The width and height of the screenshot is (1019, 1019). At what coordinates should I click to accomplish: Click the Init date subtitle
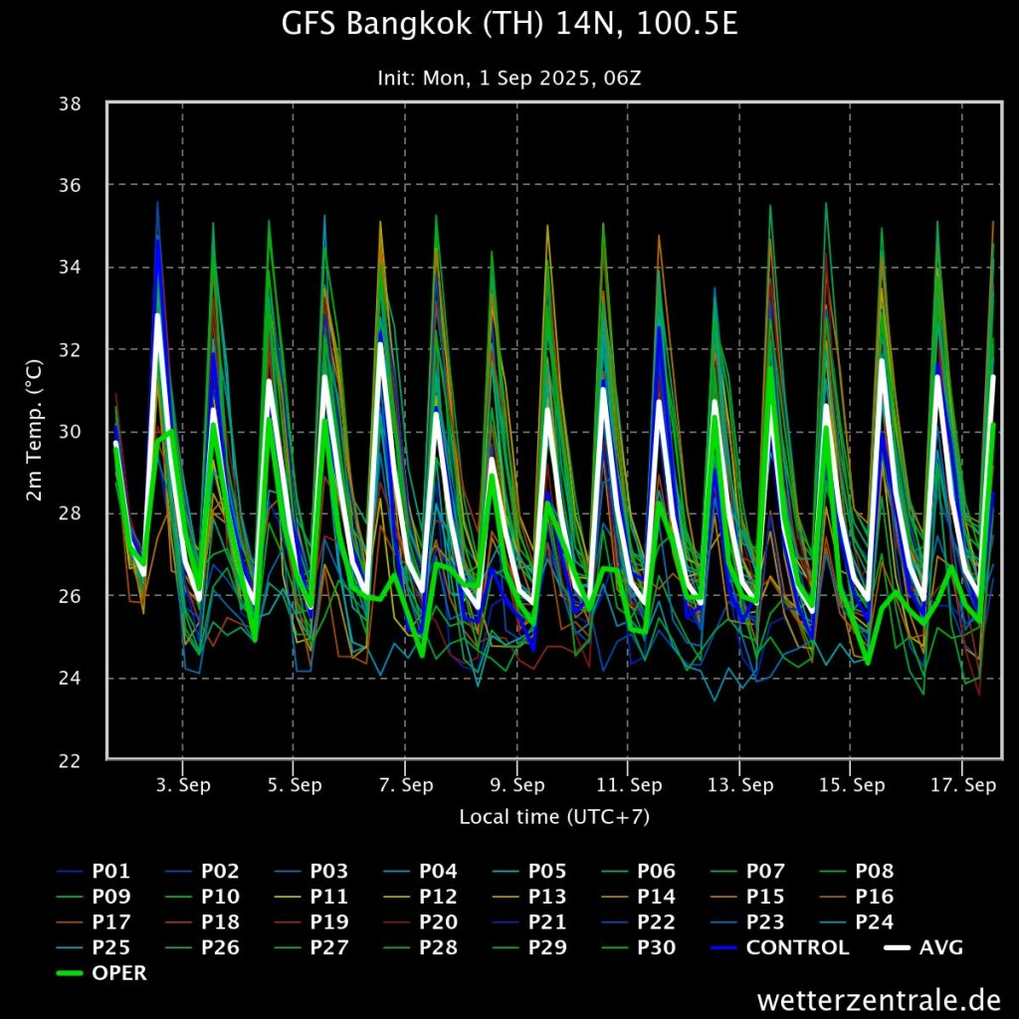point(509,78)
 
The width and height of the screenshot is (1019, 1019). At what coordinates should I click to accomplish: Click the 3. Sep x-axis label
point(182,785)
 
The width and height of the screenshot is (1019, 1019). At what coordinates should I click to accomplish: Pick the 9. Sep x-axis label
point(516,785)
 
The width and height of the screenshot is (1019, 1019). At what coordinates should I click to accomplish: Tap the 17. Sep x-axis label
point(962,785)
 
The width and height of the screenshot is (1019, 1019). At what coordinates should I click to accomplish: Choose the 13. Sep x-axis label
point(739,785)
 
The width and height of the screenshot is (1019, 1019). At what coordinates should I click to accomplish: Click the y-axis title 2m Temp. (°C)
point(35,432)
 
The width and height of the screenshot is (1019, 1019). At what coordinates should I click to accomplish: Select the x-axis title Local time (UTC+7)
point(554,817)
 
